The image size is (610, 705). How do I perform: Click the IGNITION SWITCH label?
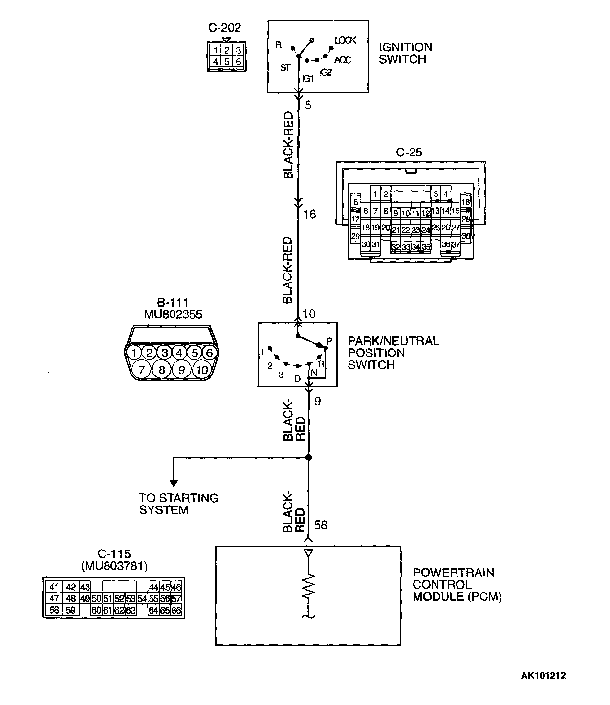(405, 53)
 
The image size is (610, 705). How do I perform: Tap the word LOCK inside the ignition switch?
(345, 40)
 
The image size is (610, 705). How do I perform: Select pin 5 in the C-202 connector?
(227, 62)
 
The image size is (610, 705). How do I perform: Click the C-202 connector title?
(225, 28)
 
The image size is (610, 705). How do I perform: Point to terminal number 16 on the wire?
(309, 214)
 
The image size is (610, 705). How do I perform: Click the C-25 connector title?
(409, 153)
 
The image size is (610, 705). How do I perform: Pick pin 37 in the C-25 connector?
(456, 244)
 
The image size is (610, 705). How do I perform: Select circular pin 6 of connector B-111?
(210, 352)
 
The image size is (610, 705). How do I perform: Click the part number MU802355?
(173, 314)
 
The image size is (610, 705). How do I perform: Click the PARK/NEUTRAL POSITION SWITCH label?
(393, 352)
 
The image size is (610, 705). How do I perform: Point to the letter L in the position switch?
(263, 352)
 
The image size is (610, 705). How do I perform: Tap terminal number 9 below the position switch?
(318, 402)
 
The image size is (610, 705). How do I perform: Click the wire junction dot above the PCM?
(308, 458)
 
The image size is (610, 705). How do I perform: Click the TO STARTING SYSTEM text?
(178, 504)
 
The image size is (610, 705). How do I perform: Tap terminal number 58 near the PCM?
(321, 525)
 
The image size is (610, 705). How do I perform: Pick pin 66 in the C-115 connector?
(176, 610)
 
